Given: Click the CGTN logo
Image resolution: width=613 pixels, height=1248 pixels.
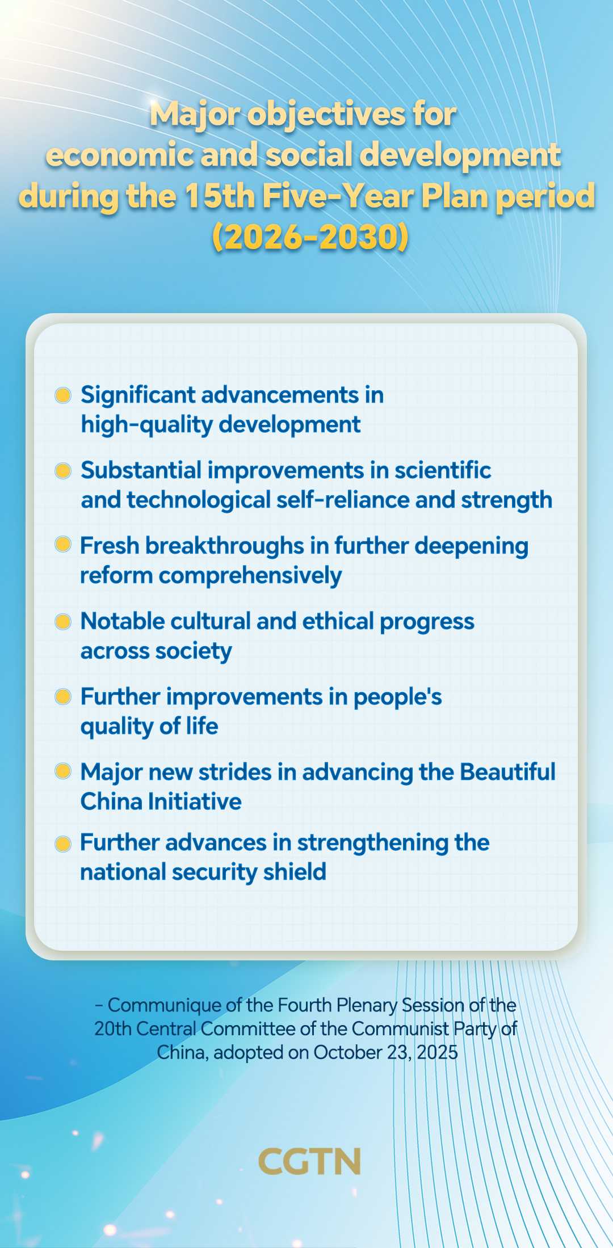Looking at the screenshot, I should tap(309, 1161).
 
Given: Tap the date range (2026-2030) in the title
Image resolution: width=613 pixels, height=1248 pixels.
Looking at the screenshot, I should tap(310, 237).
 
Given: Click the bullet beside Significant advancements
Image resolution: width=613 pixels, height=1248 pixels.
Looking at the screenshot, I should tap(63, 395).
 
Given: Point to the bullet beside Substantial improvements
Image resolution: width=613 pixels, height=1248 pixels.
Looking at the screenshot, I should tap(63, 470).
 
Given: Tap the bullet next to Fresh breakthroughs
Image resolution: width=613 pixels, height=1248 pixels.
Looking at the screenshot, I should tap(63, 545).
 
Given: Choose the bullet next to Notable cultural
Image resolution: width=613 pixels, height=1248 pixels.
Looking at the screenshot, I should tap(63, 621).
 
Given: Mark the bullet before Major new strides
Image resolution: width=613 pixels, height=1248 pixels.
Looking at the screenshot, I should tap(63, 771).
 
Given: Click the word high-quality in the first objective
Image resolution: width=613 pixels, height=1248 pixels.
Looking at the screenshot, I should tap(147, 425).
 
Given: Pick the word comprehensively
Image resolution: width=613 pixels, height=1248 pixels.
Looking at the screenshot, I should tap(250, 576).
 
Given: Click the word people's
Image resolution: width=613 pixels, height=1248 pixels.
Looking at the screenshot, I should tap(397, 697).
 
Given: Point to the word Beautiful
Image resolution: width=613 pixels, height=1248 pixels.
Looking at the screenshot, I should tap(507, 772).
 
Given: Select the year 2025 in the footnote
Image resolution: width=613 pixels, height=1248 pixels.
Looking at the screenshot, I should tap(437, 1052).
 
